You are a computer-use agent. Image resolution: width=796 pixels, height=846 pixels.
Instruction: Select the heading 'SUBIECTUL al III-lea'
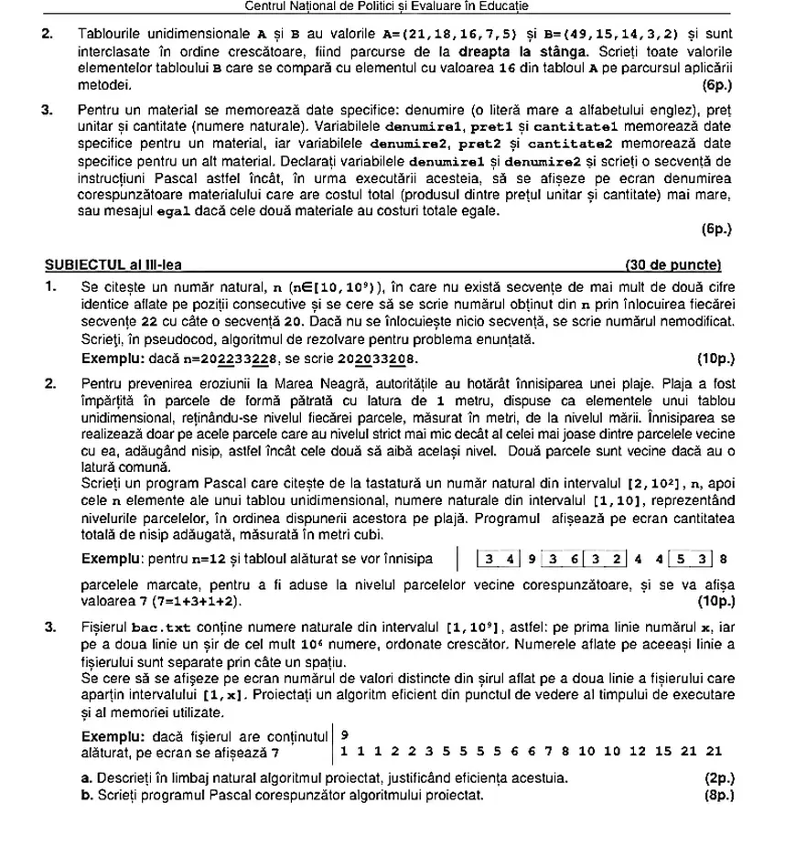point(113,265)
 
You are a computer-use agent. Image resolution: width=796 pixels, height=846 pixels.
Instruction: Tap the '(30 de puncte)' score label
point(672,265)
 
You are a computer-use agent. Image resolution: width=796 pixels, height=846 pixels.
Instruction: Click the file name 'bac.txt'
point(159,626)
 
